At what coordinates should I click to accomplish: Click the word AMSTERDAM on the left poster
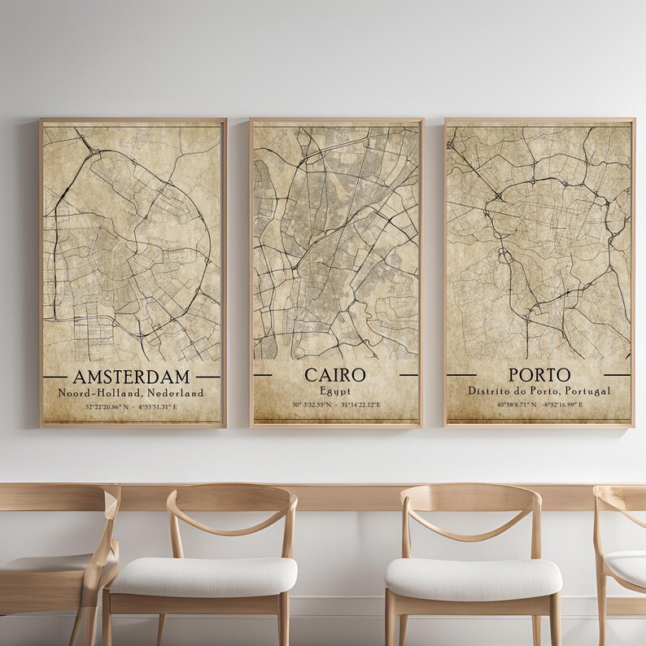tap(131, 377)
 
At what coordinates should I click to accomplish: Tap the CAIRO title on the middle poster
tap(335, 375)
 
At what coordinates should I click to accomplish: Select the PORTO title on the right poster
tap(539, 375)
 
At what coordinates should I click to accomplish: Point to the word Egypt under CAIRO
tap(335, 391)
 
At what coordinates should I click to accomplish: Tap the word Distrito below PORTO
tap(490, 391)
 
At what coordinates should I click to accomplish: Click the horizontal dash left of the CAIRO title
tap(263, 375)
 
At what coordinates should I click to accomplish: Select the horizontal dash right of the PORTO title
tap(617, 375)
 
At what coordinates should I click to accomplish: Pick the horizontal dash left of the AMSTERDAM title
tap(55, 377)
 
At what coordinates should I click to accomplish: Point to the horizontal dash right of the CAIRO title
tap(408, 375)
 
